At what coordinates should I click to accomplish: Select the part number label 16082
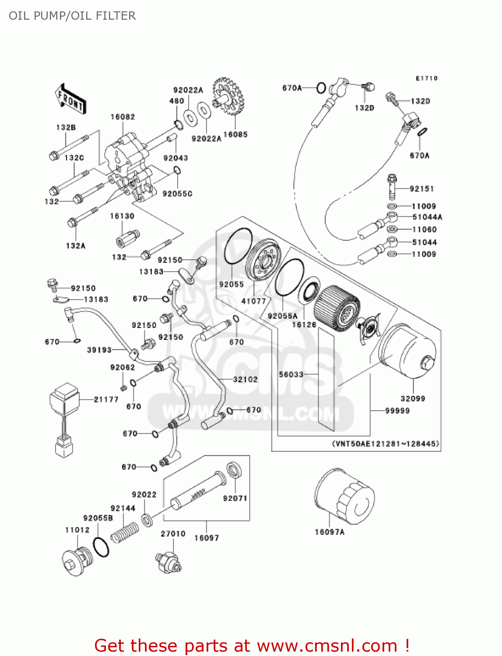(123, 117)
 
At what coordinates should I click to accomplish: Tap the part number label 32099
(413, 398)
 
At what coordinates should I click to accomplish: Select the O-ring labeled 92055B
(101, 547)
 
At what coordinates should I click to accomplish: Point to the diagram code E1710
(426, 78)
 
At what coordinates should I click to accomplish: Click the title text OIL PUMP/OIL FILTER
(72, 16)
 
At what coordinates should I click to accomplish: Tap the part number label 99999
(397, 411)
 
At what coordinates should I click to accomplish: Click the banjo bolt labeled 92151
(392, 186)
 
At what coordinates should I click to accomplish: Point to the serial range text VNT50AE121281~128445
(386, 443)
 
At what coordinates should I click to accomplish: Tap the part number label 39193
(99, 350)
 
